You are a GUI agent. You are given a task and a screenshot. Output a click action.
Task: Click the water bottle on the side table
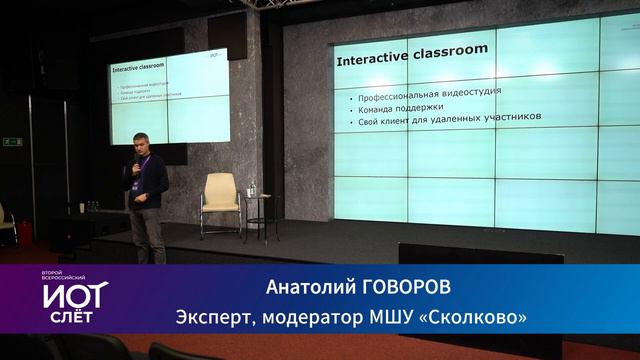[x=252, y=188]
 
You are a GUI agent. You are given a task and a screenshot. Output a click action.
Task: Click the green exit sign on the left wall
[x=12, y=142]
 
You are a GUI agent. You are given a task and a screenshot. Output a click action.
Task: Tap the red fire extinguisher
[x=25, y=232]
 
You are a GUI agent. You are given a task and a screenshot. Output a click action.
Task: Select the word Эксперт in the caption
[x=212, y=318]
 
